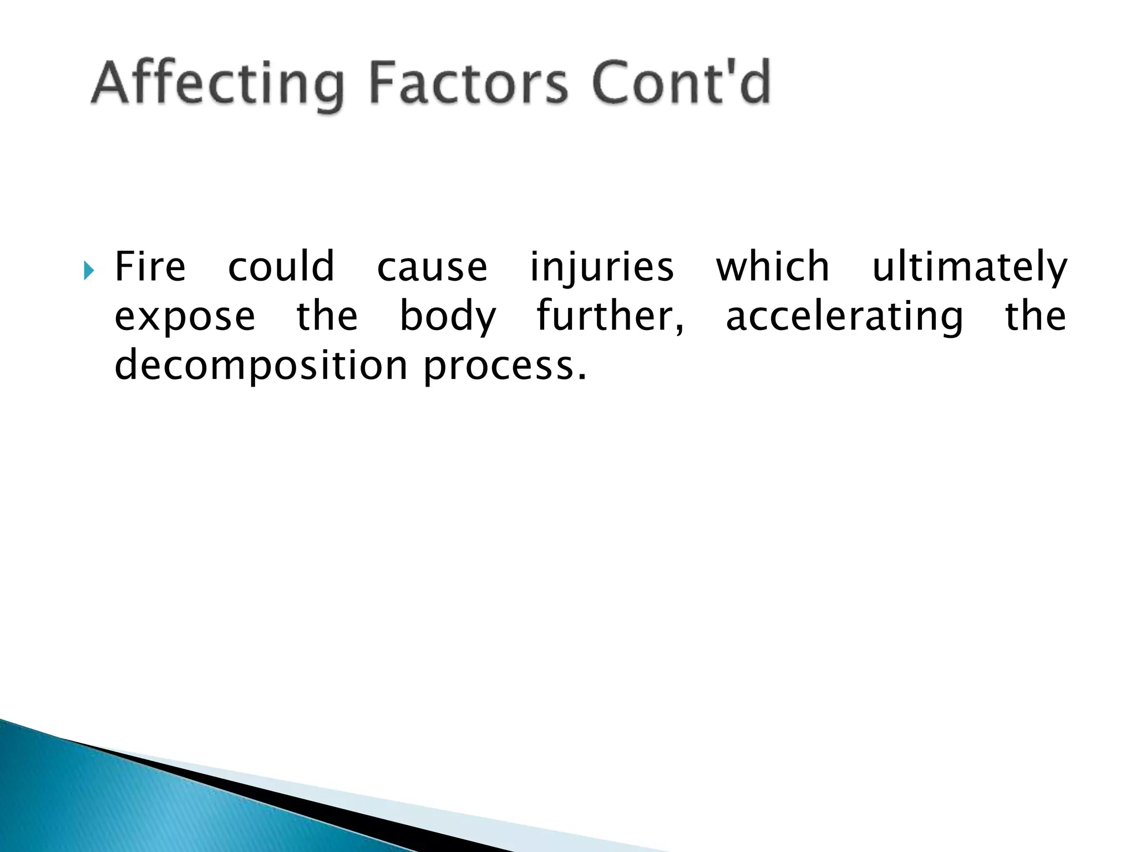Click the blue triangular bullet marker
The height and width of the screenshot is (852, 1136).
coord(89,271)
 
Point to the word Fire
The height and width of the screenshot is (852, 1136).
coord(150,267)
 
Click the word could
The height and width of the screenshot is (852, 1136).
coord(281,267)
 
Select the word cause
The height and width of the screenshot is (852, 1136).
coord(432,267)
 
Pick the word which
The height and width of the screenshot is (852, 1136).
coord(773,267)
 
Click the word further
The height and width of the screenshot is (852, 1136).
coord(609,316)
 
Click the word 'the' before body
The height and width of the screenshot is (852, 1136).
coord(327,316)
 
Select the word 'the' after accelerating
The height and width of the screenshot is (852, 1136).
coord(1036,316)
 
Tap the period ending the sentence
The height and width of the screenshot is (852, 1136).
coord(581,378)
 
